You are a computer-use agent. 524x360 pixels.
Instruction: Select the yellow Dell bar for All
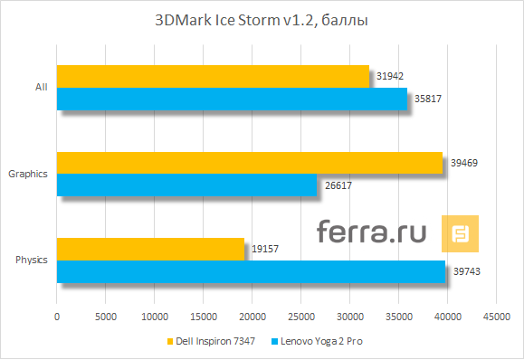pos(213,76)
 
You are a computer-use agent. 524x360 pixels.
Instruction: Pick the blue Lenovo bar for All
pos(232,99)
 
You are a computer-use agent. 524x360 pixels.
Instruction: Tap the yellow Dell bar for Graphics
pos(250,162)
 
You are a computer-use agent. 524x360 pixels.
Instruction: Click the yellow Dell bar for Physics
pos(150,249)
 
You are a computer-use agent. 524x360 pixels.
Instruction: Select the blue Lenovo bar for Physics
pos(251,271)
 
